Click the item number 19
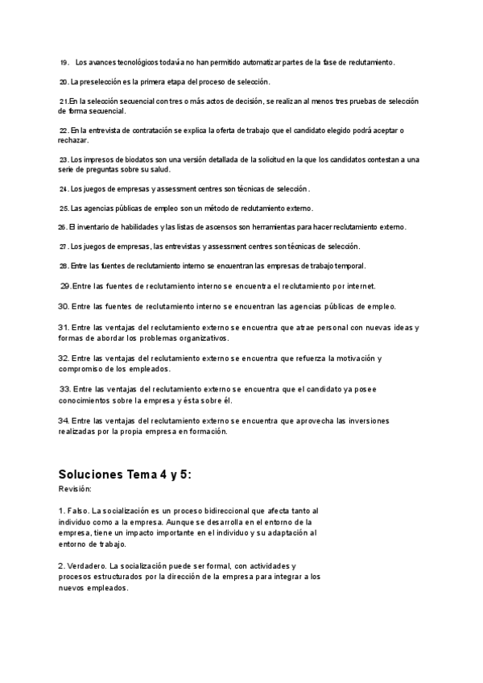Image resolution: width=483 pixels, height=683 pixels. tap(64, 62)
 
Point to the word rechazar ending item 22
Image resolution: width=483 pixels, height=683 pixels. tap(73, 140)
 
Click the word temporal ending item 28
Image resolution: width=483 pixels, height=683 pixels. tap(348, 266)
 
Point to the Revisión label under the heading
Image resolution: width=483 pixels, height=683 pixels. tap(75, 490)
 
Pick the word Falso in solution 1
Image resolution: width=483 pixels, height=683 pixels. tap(78, 511)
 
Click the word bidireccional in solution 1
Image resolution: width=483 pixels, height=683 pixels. tap(234, 511)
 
